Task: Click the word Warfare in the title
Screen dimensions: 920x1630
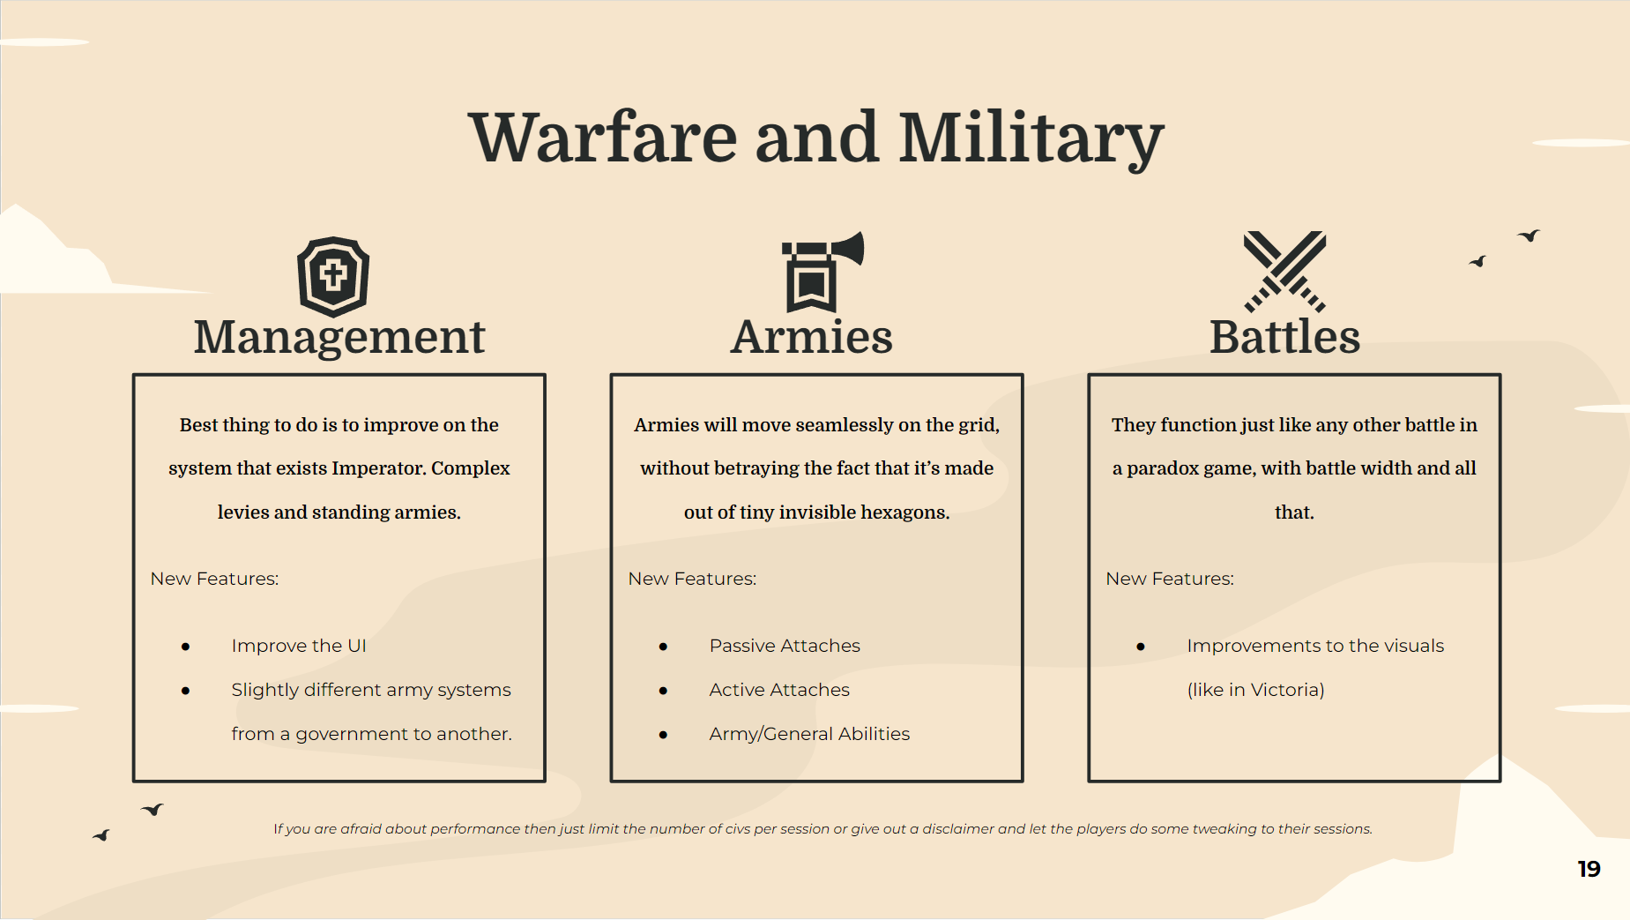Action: tap(603, 138)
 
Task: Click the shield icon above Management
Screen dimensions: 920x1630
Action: tap(333, 276)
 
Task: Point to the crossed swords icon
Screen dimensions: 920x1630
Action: tap(1284, 271)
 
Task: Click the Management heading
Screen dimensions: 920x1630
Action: tap(339, 337)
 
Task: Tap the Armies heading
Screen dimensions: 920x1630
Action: tap(812, 337)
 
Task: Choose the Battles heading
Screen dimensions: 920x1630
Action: tap(1284, 337)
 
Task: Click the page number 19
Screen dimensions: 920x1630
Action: tap(1589, 870)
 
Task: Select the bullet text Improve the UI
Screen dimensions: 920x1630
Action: tap(299, 646)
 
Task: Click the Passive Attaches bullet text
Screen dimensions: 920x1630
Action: tap(785, 646)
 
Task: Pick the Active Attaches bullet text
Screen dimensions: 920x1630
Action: tap(779, 690)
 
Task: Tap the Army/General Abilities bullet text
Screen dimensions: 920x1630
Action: tap(809, 734)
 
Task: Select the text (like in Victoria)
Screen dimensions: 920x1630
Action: tap(1255, 690)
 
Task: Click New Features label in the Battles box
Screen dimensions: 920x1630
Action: tap(1170, 579)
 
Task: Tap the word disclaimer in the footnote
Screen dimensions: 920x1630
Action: tap(958, 829)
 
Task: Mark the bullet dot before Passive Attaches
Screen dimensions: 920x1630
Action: tap(663, 647)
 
